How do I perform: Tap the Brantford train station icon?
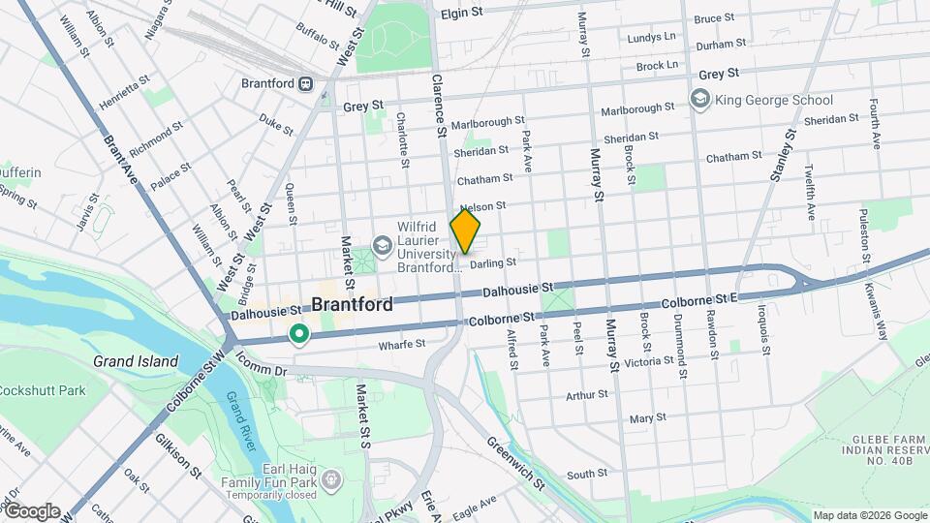[x=307, y=84]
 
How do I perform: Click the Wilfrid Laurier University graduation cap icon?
[x=383, y=245]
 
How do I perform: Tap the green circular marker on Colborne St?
[x=299, y=335]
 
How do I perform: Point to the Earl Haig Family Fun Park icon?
[x=331, y=479]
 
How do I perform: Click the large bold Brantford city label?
[x=352, y=304]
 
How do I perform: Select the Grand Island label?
[x=136, y=361]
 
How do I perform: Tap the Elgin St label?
[x=461, y=14]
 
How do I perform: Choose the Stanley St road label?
[x=781, y=155]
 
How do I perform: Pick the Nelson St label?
[x=483, y=206]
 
